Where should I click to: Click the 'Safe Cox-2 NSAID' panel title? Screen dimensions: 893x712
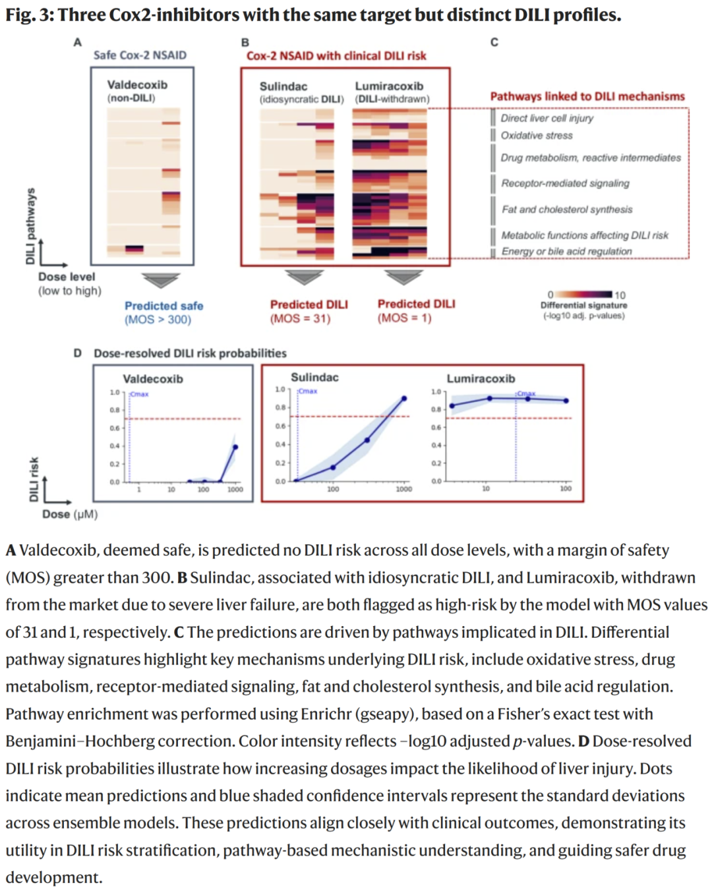[140, 55]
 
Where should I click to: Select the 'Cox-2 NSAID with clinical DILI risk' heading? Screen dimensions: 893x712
[336, 56]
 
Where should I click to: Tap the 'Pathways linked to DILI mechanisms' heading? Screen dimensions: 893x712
[587, 96]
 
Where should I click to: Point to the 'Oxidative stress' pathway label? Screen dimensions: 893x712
[537, 136]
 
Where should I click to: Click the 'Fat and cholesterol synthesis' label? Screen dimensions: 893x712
[567, 210]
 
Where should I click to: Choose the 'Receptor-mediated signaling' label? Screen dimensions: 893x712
[565, 183]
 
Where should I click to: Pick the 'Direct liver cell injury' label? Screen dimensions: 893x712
[547, 118]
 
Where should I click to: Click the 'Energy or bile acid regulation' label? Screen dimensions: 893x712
[566, 251]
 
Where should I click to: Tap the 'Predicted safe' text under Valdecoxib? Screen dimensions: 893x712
[163, 306]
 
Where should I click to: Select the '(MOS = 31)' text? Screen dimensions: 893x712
[300, 318]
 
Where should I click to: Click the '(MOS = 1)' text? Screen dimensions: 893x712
[404, 318]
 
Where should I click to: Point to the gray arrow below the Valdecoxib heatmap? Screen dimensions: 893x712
[160, 281]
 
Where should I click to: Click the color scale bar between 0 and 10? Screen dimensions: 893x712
[584, 295]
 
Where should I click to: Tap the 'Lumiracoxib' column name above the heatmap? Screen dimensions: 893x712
[389, 86]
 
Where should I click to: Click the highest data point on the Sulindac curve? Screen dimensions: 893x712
[404, 398]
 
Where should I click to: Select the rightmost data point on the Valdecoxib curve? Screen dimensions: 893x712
[235, 447]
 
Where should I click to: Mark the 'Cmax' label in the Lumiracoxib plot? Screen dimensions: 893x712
[525, 393]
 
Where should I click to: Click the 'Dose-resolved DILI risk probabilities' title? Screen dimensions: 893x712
[190, 353]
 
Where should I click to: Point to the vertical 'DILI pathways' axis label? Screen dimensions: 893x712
[30, 226]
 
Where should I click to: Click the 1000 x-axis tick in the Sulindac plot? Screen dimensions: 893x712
[403, 489]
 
